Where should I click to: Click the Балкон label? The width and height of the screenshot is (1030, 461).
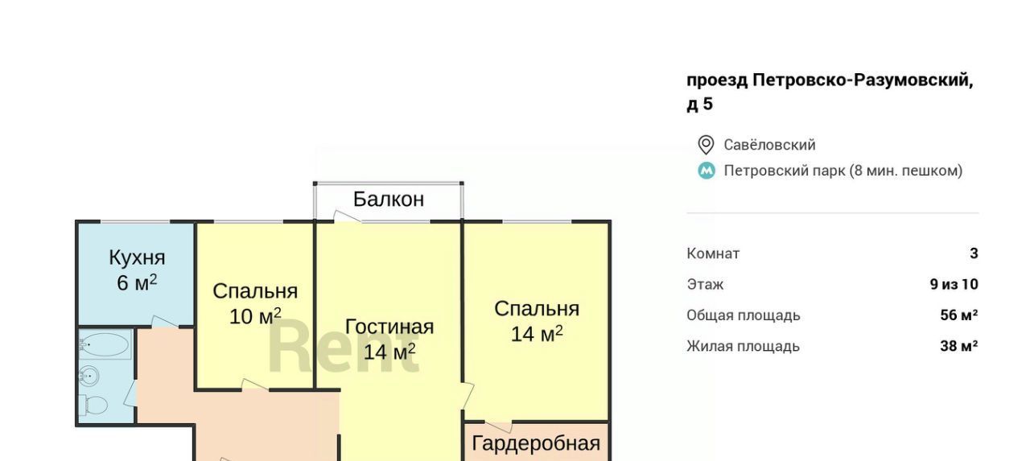tap(389, 200)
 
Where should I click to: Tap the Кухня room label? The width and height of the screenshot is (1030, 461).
tap(137, 257)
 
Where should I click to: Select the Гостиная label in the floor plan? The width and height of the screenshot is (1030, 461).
tap(389, 327)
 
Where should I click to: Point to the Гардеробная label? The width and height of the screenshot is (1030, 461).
tap(536, 444)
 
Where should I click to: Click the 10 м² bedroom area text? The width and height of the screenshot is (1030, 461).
tap(255, 316)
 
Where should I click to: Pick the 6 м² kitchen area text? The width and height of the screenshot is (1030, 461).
tap(137, 282)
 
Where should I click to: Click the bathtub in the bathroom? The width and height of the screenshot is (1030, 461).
tap(105, 344)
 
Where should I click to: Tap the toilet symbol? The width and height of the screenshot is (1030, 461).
tap(94, 405)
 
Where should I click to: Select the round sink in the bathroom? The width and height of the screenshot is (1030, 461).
tap(89, 377)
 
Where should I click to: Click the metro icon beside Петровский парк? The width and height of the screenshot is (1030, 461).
tap(707, 171)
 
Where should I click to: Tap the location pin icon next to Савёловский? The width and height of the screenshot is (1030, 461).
tap(706, 145)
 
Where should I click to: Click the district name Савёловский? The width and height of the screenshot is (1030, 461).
tap(769, 145)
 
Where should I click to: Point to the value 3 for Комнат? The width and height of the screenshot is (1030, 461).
tap(974, 253)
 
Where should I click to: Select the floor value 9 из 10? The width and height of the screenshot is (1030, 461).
tap(954, 284)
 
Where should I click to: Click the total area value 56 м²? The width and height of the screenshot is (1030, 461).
tap(959, 315)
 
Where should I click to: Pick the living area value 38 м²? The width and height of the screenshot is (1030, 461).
tap(959, 346)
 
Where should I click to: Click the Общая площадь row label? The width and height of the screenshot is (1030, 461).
tap(744, 315)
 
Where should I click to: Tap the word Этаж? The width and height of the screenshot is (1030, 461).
tap(706, 285)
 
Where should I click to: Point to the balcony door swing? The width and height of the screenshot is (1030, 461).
tap(347, 216)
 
